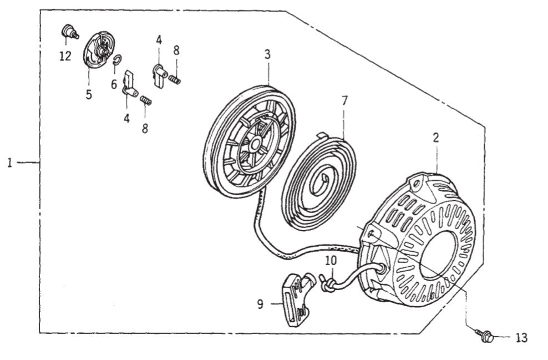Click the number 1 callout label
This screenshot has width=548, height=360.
pos(9,163)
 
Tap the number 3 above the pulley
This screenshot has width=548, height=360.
pos(267,55)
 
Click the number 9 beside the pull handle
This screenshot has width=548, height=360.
pos(260,303)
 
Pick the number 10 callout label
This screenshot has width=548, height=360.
pos(331,260)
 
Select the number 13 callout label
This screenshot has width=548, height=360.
pos(521,337)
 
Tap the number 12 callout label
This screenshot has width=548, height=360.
pos(65,56)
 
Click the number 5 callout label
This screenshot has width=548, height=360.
pos(89,94)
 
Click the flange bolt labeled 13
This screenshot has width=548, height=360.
pos(485,335)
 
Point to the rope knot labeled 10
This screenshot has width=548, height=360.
pos(327,283)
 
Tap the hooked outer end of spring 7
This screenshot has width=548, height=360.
pos(321,134)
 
